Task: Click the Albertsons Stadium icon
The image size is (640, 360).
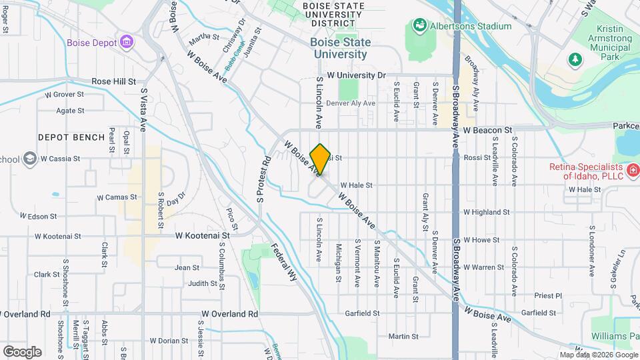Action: click(420, 26)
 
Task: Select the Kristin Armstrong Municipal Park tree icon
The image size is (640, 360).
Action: click(574, 60)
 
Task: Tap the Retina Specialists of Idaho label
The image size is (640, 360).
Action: click(587, 171)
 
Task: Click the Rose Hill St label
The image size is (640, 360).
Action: click(113, 81)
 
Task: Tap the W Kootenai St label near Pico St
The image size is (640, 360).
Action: click(203, 235)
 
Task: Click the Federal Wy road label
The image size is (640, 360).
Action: click(283, 262)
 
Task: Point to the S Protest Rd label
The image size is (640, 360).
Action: click(261, 180)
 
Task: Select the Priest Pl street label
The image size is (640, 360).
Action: click(549, 295)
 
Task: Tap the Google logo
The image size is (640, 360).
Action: click(22, 351)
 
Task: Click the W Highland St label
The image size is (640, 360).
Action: click(487, 212)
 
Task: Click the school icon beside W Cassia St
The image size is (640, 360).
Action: click(29, 159)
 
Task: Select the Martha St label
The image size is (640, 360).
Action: click(204, 37)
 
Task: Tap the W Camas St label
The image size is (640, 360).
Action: click(117, 197)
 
